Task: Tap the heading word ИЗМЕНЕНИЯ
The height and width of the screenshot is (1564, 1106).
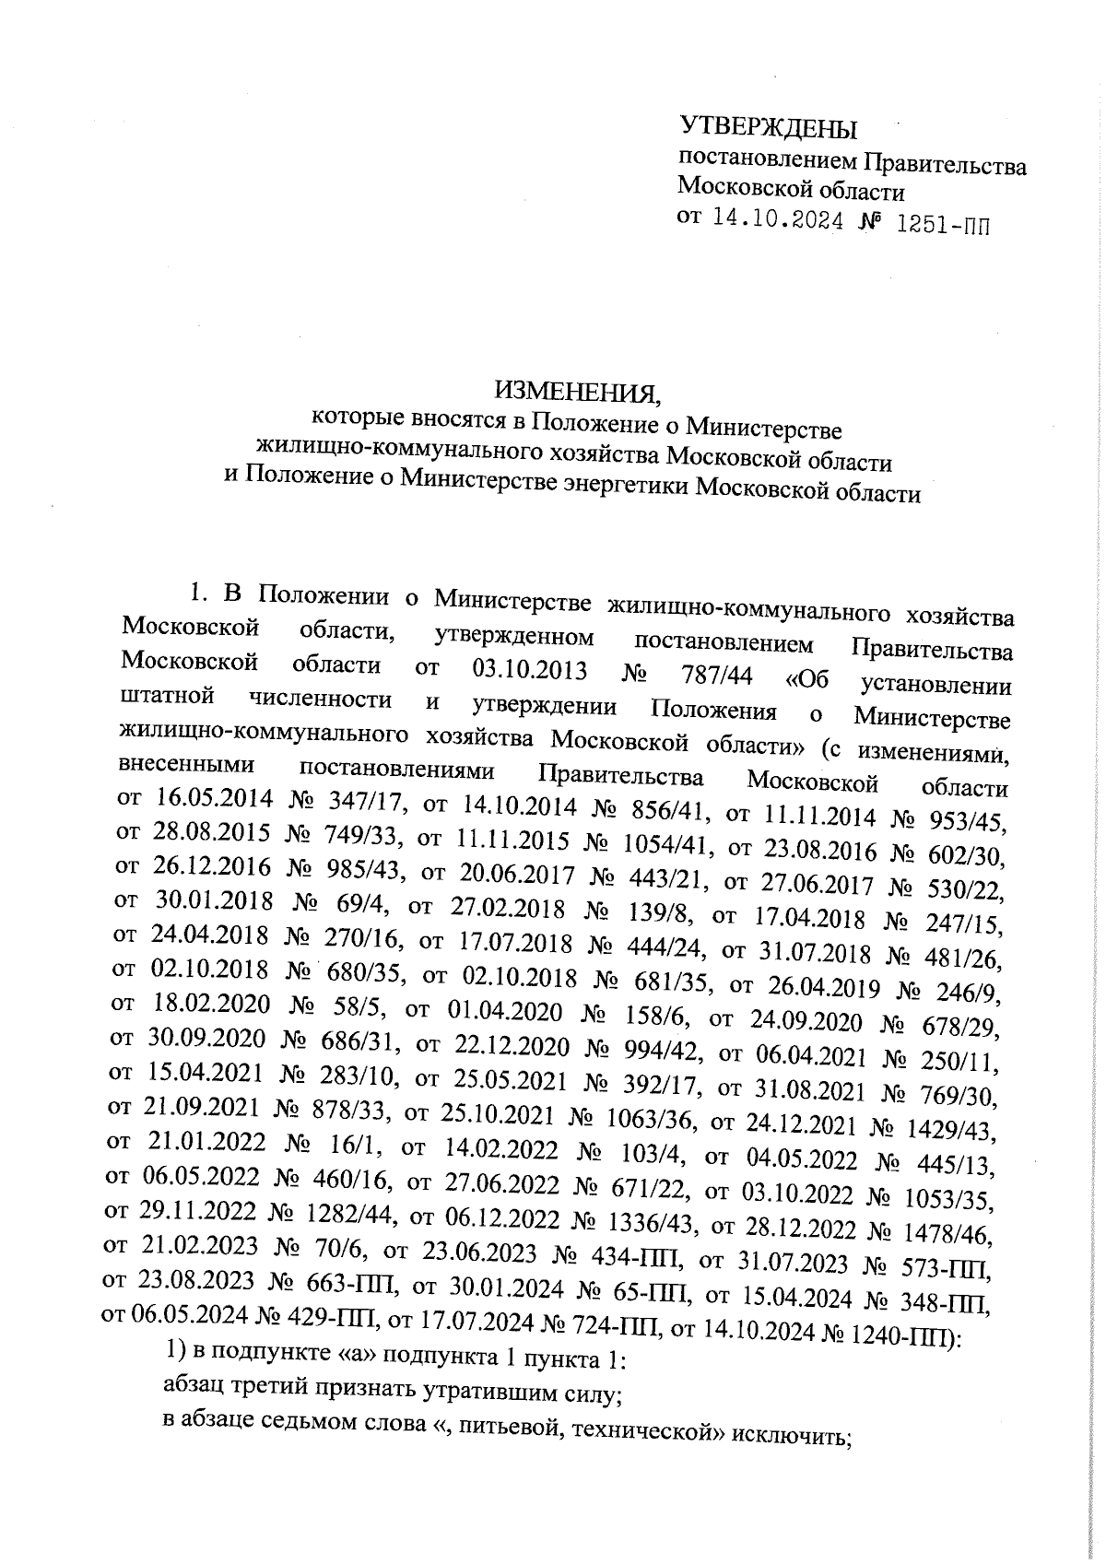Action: click(578, 393)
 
